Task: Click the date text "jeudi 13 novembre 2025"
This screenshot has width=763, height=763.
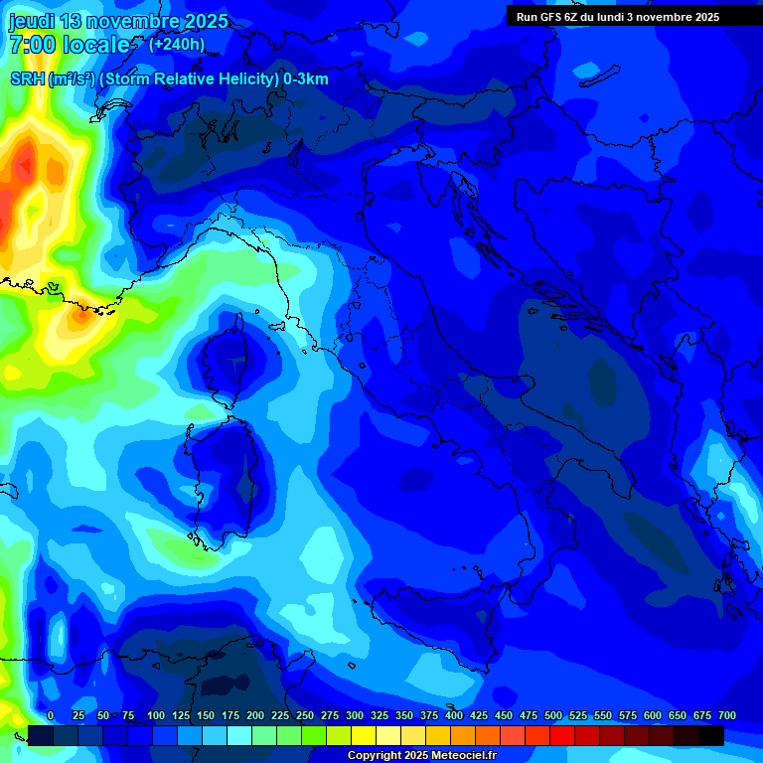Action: [118, 21]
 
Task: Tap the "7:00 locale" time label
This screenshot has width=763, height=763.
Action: [70, 45]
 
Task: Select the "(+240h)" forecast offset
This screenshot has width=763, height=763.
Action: [177, 44]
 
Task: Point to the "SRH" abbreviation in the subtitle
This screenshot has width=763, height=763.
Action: [28, 79]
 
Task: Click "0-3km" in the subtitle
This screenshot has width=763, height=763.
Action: [306, 79]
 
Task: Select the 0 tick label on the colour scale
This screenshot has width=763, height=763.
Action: [51, 715]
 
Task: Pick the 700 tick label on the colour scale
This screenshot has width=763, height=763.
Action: [727, 715]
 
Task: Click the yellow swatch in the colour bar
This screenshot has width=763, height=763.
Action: [364, 736]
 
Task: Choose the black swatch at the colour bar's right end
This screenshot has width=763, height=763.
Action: [711, 736]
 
